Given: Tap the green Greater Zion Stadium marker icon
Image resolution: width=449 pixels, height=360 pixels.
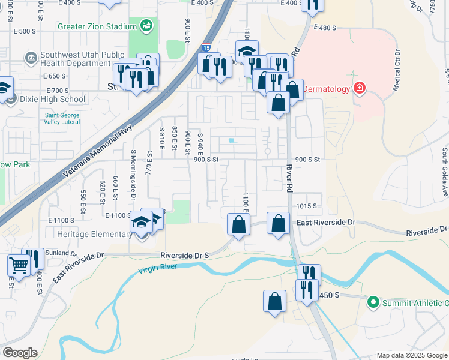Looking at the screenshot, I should [146, 26].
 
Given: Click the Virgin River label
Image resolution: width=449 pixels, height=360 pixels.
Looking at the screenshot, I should [157, 267].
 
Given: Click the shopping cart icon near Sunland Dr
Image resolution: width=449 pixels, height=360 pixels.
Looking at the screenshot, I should [18, 265].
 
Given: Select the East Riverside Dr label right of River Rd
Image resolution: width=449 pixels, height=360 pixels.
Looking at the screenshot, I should [327, 223].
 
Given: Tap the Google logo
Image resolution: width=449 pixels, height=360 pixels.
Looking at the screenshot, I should [20, 353].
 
